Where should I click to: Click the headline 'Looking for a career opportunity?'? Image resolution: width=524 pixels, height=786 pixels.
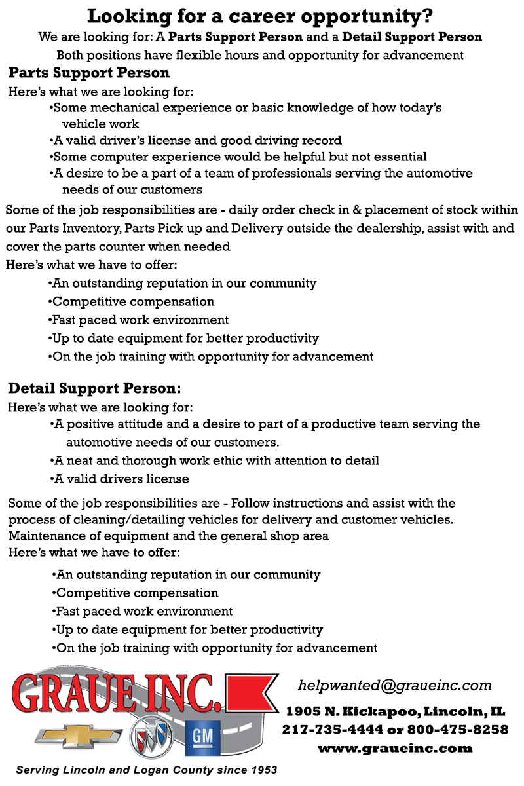tap(260, 16)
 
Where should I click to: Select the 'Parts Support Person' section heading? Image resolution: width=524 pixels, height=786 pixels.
tap(89, 73)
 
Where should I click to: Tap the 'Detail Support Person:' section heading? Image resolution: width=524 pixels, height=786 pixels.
tap(94, 388)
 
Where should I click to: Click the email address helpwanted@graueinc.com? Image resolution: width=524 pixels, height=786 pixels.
tap(394, 686)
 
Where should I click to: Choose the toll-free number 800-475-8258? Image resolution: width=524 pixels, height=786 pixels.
tap(458, 730)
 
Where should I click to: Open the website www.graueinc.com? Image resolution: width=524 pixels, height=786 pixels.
tap(395, 747)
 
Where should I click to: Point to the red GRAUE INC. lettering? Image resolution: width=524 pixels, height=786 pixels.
tap(118, 693)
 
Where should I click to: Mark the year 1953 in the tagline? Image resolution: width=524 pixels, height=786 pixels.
tap(262, 770)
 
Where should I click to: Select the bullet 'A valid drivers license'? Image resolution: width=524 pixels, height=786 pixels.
tap(121, 479)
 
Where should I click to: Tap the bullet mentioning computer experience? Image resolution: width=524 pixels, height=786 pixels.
tap(239, 157)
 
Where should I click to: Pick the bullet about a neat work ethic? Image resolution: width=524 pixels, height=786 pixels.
tap(215, 461)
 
